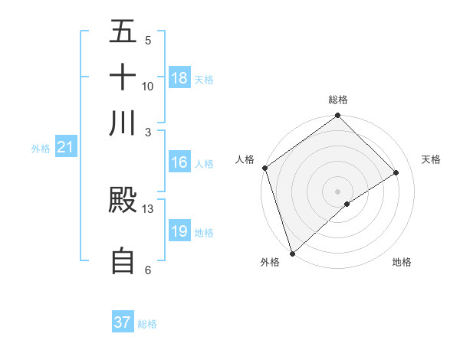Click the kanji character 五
coord(123,33)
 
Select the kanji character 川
coord(123,123)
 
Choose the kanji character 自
coord(123,261)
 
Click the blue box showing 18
coord(179,78)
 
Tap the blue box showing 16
coord(179,162)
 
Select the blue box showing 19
coord(179,231)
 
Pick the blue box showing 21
coord(64,147)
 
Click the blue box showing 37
coord(123,322)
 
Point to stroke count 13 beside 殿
coord(148,208)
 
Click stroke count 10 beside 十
coord(148,86)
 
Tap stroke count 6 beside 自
coord(148,270)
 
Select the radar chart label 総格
coord(338,100)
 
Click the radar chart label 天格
coord(431,159)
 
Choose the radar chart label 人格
coord(245,159)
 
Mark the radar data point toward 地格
coord(347,204)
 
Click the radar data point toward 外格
coord(292,252)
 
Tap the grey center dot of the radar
coord(338,191)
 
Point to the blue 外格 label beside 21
coord(40,148)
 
